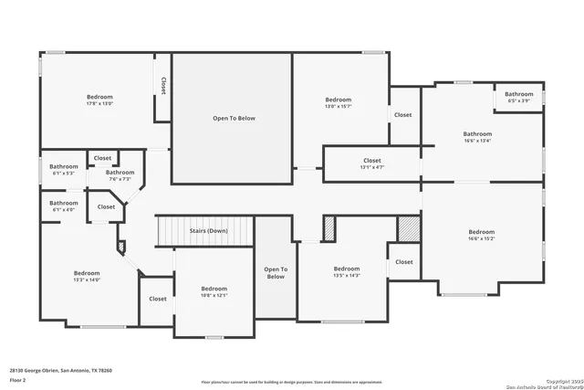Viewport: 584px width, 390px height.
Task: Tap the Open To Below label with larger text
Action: [234, 118]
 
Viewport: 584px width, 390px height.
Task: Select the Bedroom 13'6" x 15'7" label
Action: [338, 103]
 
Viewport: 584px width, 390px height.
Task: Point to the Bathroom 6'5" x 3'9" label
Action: [519, 97]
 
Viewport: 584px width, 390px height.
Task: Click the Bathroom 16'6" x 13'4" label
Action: [476, 138]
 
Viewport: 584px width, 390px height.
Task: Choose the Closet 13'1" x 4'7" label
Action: [371, 163]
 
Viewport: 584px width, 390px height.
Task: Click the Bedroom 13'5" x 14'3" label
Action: [347, 271]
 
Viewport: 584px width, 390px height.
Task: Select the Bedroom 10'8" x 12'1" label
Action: [214, 292]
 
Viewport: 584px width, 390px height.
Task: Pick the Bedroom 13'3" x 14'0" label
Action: [87, 277]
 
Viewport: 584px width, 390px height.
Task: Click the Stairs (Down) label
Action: [208, 231]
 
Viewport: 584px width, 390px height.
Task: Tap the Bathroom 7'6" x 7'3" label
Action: [120, 175]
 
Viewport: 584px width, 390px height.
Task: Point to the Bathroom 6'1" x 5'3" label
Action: [64, 169]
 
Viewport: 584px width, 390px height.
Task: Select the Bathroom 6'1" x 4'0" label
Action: [64, 206]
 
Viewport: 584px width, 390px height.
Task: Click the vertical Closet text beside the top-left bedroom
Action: [163, 85]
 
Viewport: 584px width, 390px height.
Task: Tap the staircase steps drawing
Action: [203, 231]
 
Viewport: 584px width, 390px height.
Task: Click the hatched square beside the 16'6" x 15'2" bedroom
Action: [408, 228]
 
